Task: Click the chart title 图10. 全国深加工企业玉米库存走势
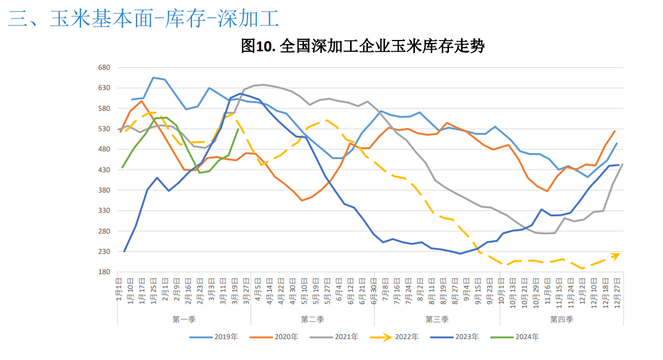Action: click(363, 46)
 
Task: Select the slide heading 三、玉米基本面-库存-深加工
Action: click(144, 19)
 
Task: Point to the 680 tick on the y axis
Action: click(104, 67)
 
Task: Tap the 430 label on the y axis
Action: click(104, 170)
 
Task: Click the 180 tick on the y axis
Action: click(104, 272)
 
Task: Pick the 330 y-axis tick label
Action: click(104, 211)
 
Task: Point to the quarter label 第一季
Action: click(184, 319)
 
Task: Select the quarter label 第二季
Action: click(312, 319)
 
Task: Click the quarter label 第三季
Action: click(437, 319)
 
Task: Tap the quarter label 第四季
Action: click(561, 319)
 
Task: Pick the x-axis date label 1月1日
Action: click(119, 289)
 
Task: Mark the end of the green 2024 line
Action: click(238, 129)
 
